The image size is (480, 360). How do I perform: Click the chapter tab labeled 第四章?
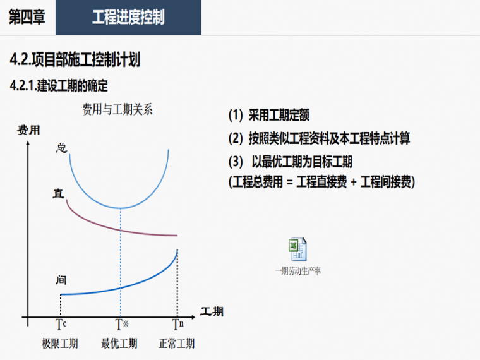click(x=27, y=17)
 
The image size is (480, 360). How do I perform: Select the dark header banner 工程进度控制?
click(x=128, y=18)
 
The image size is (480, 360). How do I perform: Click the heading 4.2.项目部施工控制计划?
click(x=75, y=59)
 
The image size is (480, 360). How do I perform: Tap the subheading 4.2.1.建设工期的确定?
click(x=59, y=85)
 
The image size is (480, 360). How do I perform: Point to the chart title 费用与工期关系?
click(x=117, y=109)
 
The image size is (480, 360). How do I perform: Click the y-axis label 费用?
click(x=28, y=130)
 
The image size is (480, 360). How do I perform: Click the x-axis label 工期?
click(x=212, y=311)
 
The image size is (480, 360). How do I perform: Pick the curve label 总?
click(x=61, y=148)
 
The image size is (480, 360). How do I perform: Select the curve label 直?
click(x=59, y=193)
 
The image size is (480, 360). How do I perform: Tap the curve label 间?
click(x=61, y=280)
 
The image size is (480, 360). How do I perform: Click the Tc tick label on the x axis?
click(x=61, y=325)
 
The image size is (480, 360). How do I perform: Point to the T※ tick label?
click(x=122, y=325)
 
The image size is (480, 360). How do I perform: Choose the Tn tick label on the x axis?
click(x=178, y=325)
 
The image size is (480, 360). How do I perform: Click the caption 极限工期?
click(x=60, y=344)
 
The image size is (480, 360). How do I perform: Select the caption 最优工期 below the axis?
click(x=119, y=344)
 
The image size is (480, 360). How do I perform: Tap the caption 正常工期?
click(x=177, y=344)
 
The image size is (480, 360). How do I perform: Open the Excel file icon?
click(x=297, y=249)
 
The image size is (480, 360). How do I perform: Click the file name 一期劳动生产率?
click(x=298, y=271)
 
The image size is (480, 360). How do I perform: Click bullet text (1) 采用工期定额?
click(x=269, y=115)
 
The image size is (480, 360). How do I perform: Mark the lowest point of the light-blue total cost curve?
click(x=120, y=208)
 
